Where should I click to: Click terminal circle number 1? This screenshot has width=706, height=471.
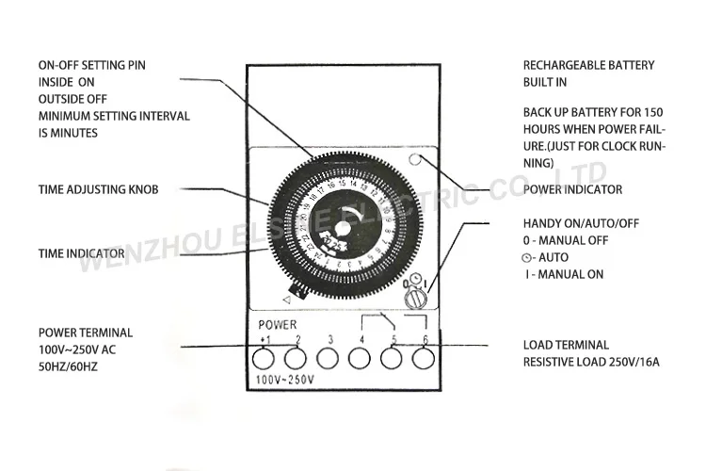pyautogui.click(x=264, y=357)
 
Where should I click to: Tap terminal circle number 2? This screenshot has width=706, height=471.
pyautogui.click(x=296, y=357)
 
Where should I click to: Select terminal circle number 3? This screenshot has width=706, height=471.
pyautogui.click(x=329, y=357)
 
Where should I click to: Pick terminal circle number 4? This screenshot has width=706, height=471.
pyautogui.click(x=361, y=357)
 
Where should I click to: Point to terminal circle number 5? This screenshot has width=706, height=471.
pyautogui.click(x=393, y=357)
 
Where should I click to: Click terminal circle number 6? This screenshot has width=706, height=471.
pyautogui.click(x=425, y=357)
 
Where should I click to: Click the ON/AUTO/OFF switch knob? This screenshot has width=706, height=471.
pyautogui.click(x=414, y=298)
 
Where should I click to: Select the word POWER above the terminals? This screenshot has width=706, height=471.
pyautogui.click(x=279, y=325)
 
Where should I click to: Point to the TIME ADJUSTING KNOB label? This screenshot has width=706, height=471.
pyautogui.click(x=98, y=189)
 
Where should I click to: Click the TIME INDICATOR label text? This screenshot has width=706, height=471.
pyautogui.click(x=82, y=253)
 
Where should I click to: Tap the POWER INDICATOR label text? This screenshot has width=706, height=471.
pyautogui.click(x=572, y=189)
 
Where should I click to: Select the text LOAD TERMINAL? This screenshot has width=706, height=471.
pyautogui.click(x=566, y=345)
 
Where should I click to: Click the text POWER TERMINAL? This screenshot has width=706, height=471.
pyautogui.click(x=86, y=333)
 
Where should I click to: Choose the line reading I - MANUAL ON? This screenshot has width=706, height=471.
pyautogui.click(x=565, y=274)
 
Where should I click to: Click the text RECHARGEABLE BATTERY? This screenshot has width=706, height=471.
pyautogui.click(x=588, y=65)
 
